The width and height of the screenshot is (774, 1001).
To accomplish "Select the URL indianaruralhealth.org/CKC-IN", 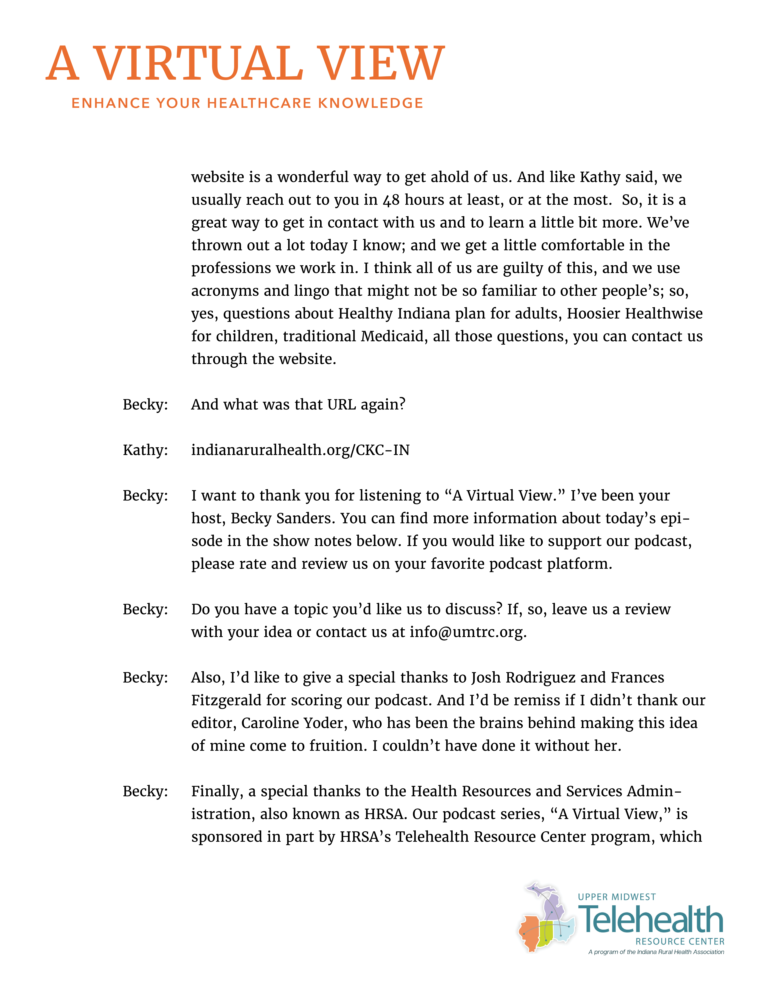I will tap(300, 450).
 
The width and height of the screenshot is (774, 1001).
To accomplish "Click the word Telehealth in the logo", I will tap(651, 920).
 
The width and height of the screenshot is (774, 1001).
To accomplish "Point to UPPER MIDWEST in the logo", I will tap(617, 897).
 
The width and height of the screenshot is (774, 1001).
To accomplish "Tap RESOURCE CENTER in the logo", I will tap(680, 941).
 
